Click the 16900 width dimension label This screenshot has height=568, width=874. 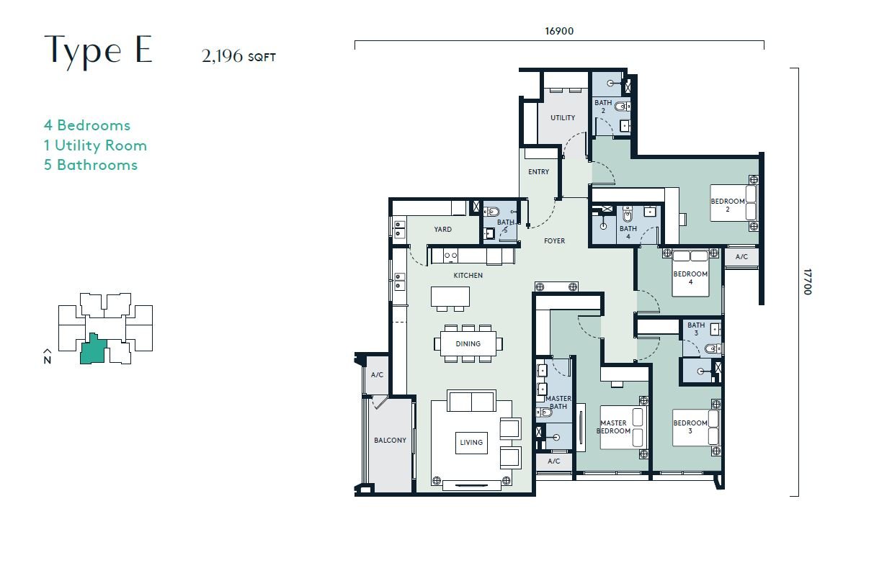559,31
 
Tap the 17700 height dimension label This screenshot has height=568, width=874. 807,281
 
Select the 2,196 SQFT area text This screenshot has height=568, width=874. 238,56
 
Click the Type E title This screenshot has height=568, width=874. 98,50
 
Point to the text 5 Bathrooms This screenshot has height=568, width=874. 91,165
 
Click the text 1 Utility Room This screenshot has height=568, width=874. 95,145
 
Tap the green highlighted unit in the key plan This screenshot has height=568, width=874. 93,350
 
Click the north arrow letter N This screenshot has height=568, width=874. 48,360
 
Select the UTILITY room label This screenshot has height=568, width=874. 563,118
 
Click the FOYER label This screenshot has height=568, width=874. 554,241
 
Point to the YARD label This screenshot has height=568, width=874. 443,229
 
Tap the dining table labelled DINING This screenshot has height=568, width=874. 468,343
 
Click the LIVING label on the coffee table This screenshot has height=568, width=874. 471,443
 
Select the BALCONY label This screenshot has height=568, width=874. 391,440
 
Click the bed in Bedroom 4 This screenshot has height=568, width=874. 690,274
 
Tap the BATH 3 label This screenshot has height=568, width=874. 696,329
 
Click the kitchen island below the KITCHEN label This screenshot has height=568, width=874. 450,297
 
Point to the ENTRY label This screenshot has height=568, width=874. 538,172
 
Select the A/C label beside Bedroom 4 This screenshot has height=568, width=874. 741,257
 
